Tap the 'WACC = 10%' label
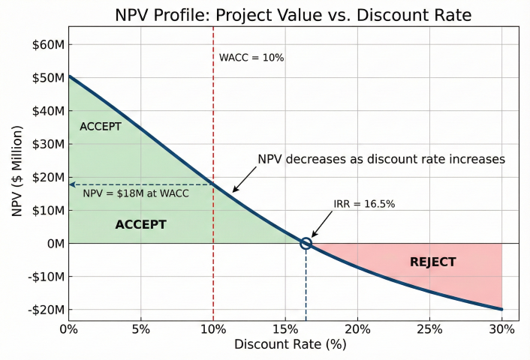pos(251,58)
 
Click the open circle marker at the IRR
pos(306,243)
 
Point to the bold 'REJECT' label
pos(432,262)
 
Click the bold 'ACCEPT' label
pos(140,224)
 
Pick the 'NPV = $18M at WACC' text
pos(135,193)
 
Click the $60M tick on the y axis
pos(49,44)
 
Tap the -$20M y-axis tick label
pos(47,309)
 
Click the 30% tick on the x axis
pos(501,330)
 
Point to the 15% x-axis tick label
pos(285,330)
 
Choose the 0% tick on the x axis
pos(68,330)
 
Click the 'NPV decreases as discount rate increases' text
pos(381,160)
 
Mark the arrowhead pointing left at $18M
pos(72,184)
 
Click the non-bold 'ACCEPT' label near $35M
pos(100,127)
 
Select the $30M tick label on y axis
pos(49,144)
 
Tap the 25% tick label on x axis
pos(429,330)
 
